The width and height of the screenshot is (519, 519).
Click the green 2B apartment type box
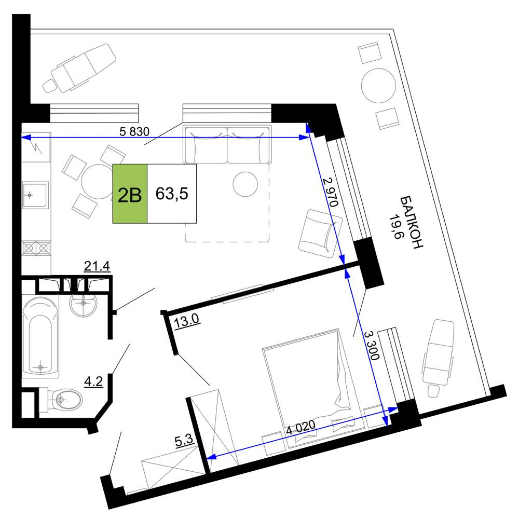pyautogui.click(x=130, y=194)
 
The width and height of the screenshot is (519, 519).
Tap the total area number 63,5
pyautogui.click(x=172, y=194)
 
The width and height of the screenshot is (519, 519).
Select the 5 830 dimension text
pyautogui.click(x=134, y=132)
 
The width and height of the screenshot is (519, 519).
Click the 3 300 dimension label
pyautogui.click(x=371, y=346)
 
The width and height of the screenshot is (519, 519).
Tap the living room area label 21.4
pyautogui.click(x=97, y=266)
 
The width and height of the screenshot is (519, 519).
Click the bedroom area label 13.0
pyautogui.click(x=186, y=321)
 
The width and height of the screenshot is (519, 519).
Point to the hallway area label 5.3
pyautogui.click(x=184, y=441)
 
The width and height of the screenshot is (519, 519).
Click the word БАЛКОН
pyautogui.click(x=412, y=222)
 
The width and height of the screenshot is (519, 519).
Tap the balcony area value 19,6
pyautogui.click(x=395, y=226)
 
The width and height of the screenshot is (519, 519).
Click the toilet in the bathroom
pyautogui.click(x=61, y=400)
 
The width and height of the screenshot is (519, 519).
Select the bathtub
pyautogui.click(x=40, y=337)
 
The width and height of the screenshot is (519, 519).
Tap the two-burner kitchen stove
pyautogui.click(x=36, y=248)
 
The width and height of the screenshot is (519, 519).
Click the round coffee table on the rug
pyautogui.click(x=245, y=184)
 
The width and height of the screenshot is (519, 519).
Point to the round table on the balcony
pyautogui.click(x=379, y=86)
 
